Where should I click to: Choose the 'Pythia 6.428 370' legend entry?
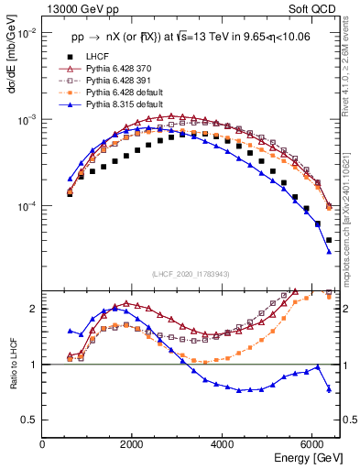[120, 70]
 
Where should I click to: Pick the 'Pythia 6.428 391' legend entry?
[120, 82]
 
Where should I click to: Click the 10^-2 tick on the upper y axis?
[27, 34]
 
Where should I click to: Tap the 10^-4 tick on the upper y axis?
[27, 207]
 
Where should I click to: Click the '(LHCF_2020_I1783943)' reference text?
[191, 274]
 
